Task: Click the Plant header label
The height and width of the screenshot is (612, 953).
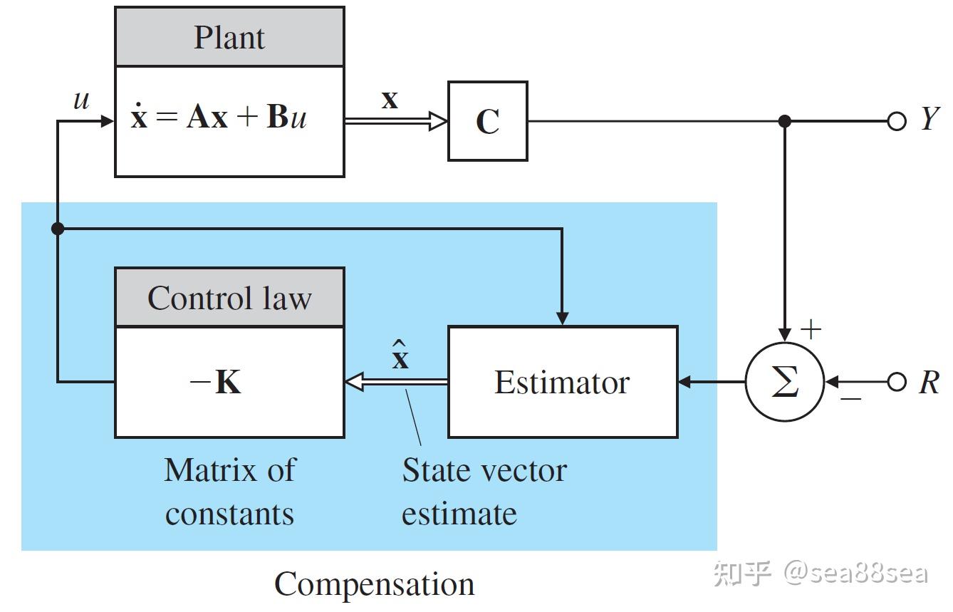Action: pos(229,38)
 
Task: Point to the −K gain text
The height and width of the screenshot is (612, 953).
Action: pos(215,382)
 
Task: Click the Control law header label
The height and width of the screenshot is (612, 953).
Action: pos(229,298)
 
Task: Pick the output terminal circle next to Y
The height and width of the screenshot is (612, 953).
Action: pos(897,121)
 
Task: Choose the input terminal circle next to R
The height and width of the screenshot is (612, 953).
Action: pos(897,382)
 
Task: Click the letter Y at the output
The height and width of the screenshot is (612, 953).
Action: pos(930,118)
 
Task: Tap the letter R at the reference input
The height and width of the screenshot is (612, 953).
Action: pos(929,382)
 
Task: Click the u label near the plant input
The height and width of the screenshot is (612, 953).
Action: pos(81,100)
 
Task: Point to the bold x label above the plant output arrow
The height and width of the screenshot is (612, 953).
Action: pos(390,100)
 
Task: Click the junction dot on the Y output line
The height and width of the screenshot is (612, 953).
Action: pos(784,121)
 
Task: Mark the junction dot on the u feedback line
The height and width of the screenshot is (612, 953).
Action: pos(58,229)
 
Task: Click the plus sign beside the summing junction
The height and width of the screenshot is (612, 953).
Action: pos(811,329)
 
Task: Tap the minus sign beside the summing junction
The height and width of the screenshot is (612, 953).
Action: pos(851,399)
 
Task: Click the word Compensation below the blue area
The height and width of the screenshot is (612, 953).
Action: pos(375,585)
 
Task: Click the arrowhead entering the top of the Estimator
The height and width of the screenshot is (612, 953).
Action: pos(563,318)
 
